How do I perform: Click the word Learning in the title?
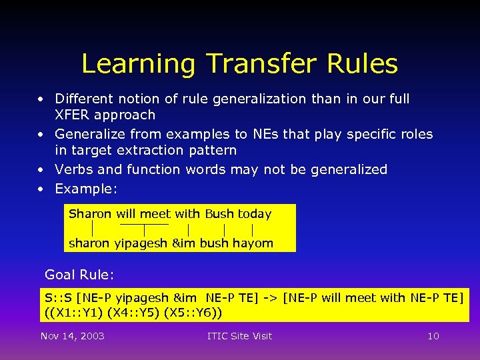[138, 65]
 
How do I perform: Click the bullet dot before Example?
[41, 189]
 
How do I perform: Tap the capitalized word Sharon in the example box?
[90, 214]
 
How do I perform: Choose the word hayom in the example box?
[253, 243]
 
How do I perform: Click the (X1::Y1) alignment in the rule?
[77, 312]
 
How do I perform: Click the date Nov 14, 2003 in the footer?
[72, 336]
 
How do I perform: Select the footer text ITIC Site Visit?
[240, 336]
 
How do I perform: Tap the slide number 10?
[433, 336]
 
